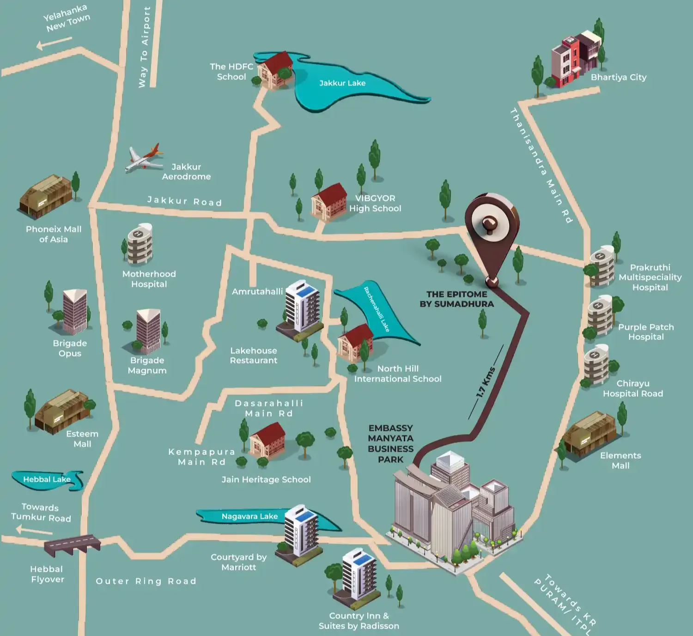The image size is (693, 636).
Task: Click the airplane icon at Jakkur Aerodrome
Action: coord(144,158)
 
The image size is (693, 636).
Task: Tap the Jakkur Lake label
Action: coord(342,83)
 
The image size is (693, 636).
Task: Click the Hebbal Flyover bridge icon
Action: coord(72,545)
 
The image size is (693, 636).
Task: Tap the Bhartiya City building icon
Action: coord(576,59)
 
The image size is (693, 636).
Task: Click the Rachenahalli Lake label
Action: coord(377,309)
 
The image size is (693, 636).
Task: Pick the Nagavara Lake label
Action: coord(249,516)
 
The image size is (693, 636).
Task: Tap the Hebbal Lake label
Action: coord(47,479)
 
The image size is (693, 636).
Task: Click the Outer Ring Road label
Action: coord(146,581)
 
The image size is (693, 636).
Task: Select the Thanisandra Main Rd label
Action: coord(541,165)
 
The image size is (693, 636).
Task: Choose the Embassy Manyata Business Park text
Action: coord(391,443)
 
